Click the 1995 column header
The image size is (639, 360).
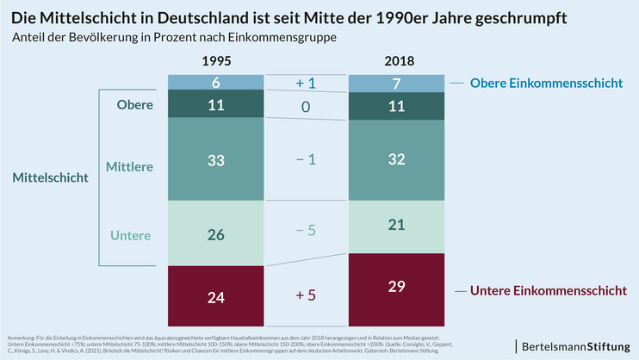click(x=216, y=62)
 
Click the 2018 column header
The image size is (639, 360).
click(x=398, y=62)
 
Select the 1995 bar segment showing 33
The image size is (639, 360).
click(x=216, y=160)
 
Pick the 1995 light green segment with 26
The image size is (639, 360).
click(x=216, y=234)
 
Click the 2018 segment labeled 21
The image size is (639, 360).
click(x=398, y=225)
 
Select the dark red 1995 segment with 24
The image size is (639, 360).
click(x=216, y=297)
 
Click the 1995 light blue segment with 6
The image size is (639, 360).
click(x=216, y=82)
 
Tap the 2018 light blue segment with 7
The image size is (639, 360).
click(x=398, y=84)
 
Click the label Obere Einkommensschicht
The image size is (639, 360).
click(x=546, y=84)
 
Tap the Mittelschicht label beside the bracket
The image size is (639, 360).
click(x=51, y=177)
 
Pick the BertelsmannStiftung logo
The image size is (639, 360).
click(x=574, y=345)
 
